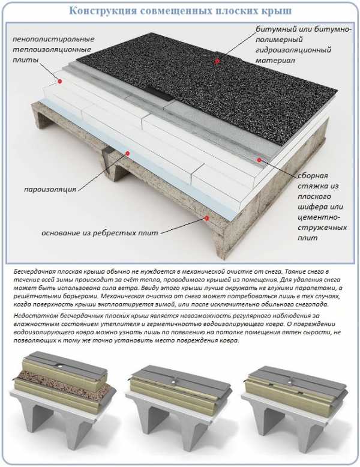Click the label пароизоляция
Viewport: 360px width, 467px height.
tap(50, 190)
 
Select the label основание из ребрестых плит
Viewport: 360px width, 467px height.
tap(100, 233)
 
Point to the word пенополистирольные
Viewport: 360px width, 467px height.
tap(53, 39)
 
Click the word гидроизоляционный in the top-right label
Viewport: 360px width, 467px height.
tap(293, 50)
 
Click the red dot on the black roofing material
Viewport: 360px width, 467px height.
tap(217, 61)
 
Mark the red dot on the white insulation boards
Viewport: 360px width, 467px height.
tap(60, 81)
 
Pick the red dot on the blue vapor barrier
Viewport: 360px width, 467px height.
tap(128, 154)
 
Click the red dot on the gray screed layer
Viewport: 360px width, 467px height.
tap(259, 160)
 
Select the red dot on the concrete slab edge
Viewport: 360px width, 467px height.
tap(206, 218)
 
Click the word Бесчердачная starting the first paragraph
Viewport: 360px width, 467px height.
tap(32, 272)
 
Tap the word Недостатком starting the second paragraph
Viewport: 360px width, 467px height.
tap(31, 316)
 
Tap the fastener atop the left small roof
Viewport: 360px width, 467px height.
tap(61, 365)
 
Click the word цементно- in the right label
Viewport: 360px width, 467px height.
tap(319, 217)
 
